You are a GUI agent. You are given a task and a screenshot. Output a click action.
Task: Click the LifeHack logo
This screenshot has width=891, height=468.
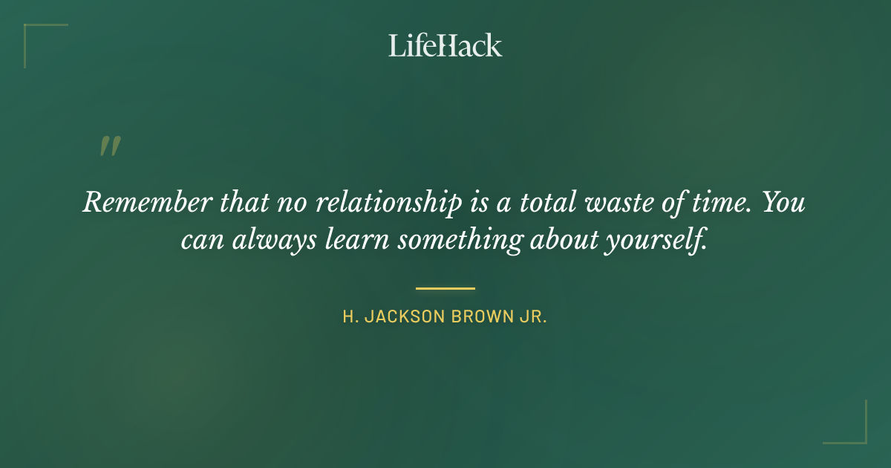pyautogui.click(x=445, y=45)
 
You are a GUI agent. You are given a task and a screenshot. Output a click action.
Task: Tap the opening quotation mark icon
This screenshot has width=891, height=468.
pyautogui.click(x=109, y=146)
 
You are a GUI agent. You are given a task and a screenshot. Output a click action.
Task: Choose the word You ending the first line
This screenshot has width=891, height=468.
pyautogui.click(x=783, y=202)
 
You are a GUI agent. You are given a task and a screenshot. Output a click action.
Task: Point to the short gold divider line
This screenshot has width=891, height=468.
pyautogui.click(x=445, y=288)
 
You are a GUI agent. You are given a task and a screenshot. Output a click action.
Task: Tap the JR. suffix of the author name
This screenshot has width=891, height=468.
pyautogui.click(x=531, y=317)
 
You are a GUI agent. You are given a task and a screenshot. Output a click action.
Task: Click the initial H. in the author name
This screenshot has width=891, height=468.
pyautogui.click(x=349, y=317)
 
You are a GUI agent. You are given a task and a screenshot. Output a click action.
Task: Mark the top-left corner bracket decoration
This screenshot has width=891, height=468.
pyautogui.click(x=33, y=33)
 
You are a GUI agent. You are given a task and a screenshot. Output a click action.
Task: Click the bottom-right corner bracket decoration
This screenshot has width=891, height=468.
pyautogui.click(x=858, y=435)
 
